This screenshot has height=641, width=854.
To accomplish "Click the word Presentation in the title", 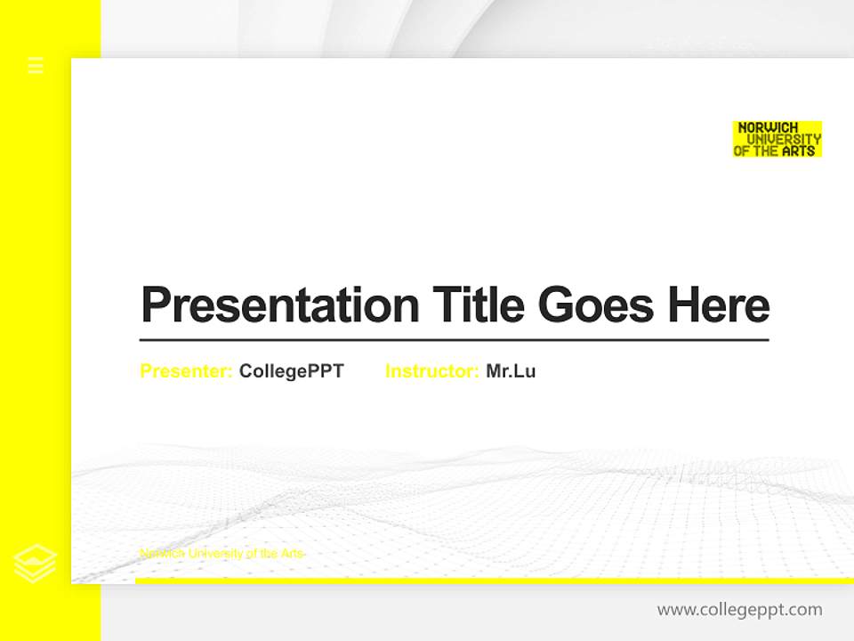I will click(x=279, y=304).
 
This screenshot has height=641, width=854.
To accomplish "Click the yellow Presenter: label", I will click(x=186, y=371).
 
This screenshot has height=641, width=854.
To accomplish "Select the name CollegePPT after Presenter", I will click(x=291, y=371).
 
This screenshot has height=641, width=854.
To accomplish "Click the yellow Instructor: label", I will click(x=431, y=371).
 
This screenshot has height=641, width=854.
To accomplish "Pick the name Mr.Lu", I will click(x=511, y=371).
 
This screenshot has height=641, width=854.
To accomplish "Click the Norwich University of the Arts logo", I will click(x=777, y=139).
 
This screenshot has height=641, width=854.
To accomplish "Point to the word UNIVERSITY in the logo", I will click(x=784, y=139).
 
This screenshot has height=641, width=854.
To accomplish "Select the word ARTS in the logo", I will click(x=798, y=151).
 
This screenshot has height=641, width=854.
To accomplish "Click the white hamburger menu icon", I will click(x=36, y=65).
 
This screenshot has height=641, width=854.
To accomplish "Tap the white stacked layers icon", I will click(x=36, y=563).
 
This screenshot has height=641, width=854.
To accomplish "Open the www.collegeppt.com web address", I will click(x=739, y=610).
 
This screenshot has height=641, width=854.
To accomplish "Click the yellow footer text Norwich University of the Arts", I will click(x=222, y=554).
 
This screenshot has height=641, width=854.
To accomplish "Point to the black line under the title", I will click(x=454, y=340).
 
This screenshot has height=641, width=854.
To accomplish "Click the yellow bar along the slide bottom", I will click(x=494, y=580).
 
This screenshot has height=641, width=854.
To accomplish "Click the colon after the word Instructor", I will click(x=476, y=372).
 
